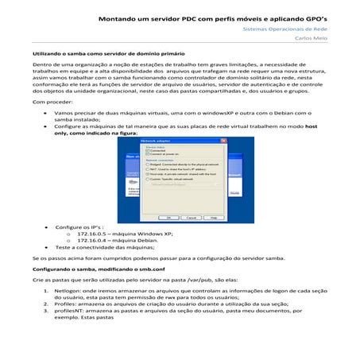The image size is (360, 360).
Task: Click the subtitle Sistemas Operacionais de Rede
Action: point(301,27)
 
